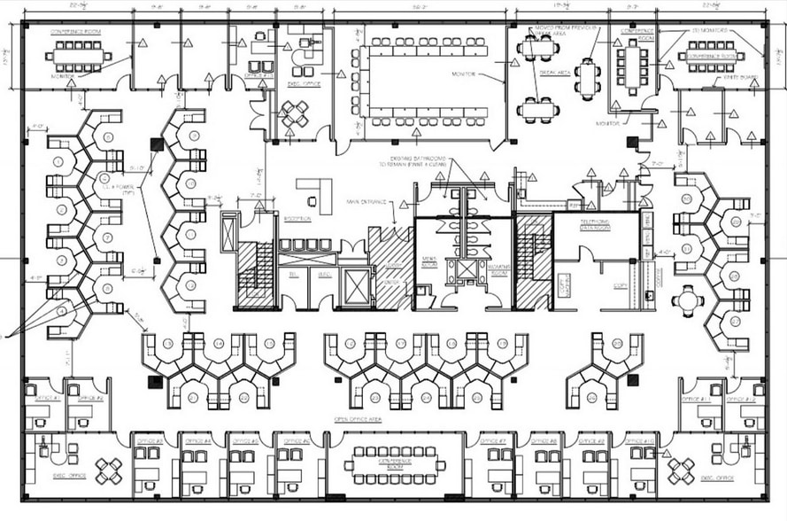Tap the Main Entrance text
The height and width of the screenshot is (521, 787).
coord(368,202)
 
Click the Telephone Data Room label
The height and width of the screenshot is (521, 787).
coord(597,225)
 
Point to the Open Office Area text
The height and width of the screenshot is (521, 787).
coord(358,419)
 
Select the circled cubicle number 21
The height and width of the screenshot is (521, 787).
coord(193,398)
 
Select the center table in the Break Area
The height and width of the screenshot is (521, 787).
coord(587,79)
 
